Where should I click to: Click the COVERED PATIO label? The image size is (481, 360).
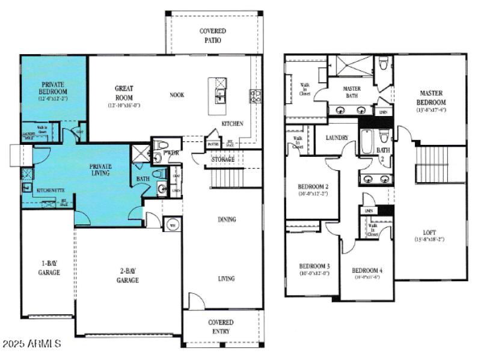(212, 35)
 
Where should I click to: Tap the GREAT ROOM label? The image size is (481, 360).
(124, 93)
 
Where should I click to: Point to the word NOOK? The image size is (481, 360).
(177, 95)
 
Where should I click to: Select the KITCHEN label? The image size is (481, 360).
(232, 124)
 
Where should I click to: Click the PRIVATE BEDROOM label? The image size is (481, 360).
(53, 88)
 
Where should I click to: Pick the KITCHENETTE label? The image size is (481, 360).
(51, 190)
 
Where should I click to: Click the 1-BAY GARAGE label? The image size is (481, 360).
(49, 268)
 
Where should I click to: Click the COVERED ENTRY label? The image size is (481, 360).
(221, 326)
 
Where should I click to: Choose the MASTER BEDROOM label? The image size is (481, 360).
(431, 97)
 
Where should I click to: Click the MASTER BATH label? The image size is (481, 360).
(352, 92)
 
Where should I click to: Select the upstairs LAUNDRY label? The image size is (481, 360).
(337, 138)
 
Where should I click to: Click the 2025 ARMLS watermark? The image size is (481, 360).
(31, 344)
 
